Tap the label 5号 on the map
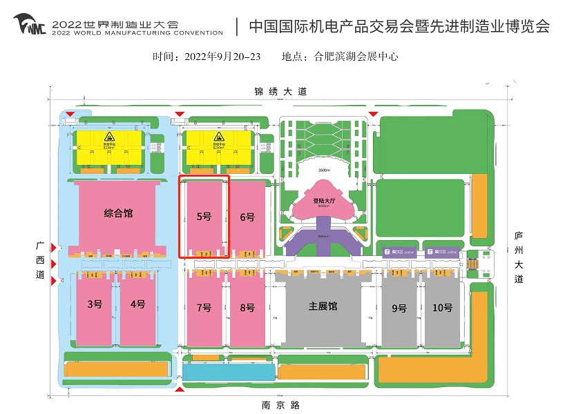click(x=204, y=217)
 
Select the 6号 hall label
click(x=247, y=217)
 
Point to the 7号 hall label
click(x=204, y=308)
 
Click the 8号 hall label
click(x=247, y=308)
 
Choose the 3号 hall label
click(x=95, y=304)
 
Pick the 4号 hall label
click(x=137, y=304)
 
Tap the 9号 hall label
click(x=399, y=308)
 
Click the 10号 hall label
click(x=442, y=308)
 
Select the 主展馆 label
click(x=323, y=306)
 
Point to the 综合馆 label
click(x=118, y=213)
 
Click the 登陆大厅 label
click(x=323, y=201)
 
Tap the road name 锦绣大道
click(x=280, y=91)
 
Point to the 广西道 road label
click(x=40, y=259)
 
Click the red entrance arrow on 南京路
click(x=180, y=391)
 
